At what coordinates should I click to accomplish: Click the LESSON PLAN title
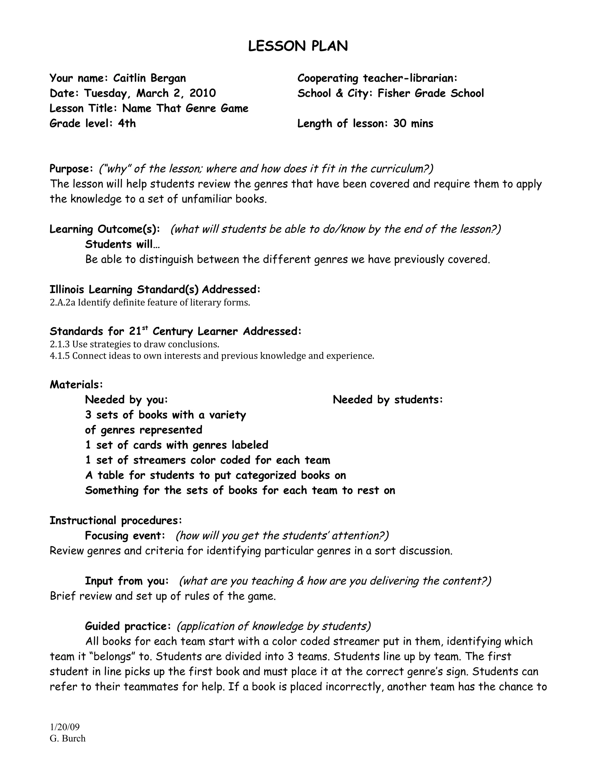tap(298, 46)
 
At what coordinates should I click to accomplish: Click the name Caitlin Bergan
tap(149, 78)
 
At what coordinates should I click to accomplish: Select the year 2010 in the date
tap(203, 93)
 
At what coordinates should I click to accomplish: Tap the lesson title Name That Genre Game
tap(185, 108)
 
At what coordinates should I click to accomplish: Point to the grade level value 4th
tap(127, 123)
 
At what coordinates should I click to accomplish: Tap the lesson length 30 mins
tap(413, 123)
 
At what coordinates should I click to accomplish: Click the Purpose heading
tap(71, 168)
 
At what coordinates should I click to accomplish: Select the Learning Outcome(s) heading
tap(104, 229)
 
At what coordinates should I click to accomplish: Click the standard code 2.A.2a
tap(62, 303)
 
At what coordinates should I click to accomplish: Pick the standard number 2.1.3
tap(60, 345)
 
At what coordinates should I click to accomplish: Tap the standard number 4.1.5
tap(60, 356)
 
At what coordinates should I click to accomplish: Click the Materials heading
tap(76, 385)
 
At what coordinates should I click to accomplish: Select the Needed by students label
tap(388, 400)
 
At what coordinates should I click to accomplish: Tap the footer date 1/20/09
tap(65, 727)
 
